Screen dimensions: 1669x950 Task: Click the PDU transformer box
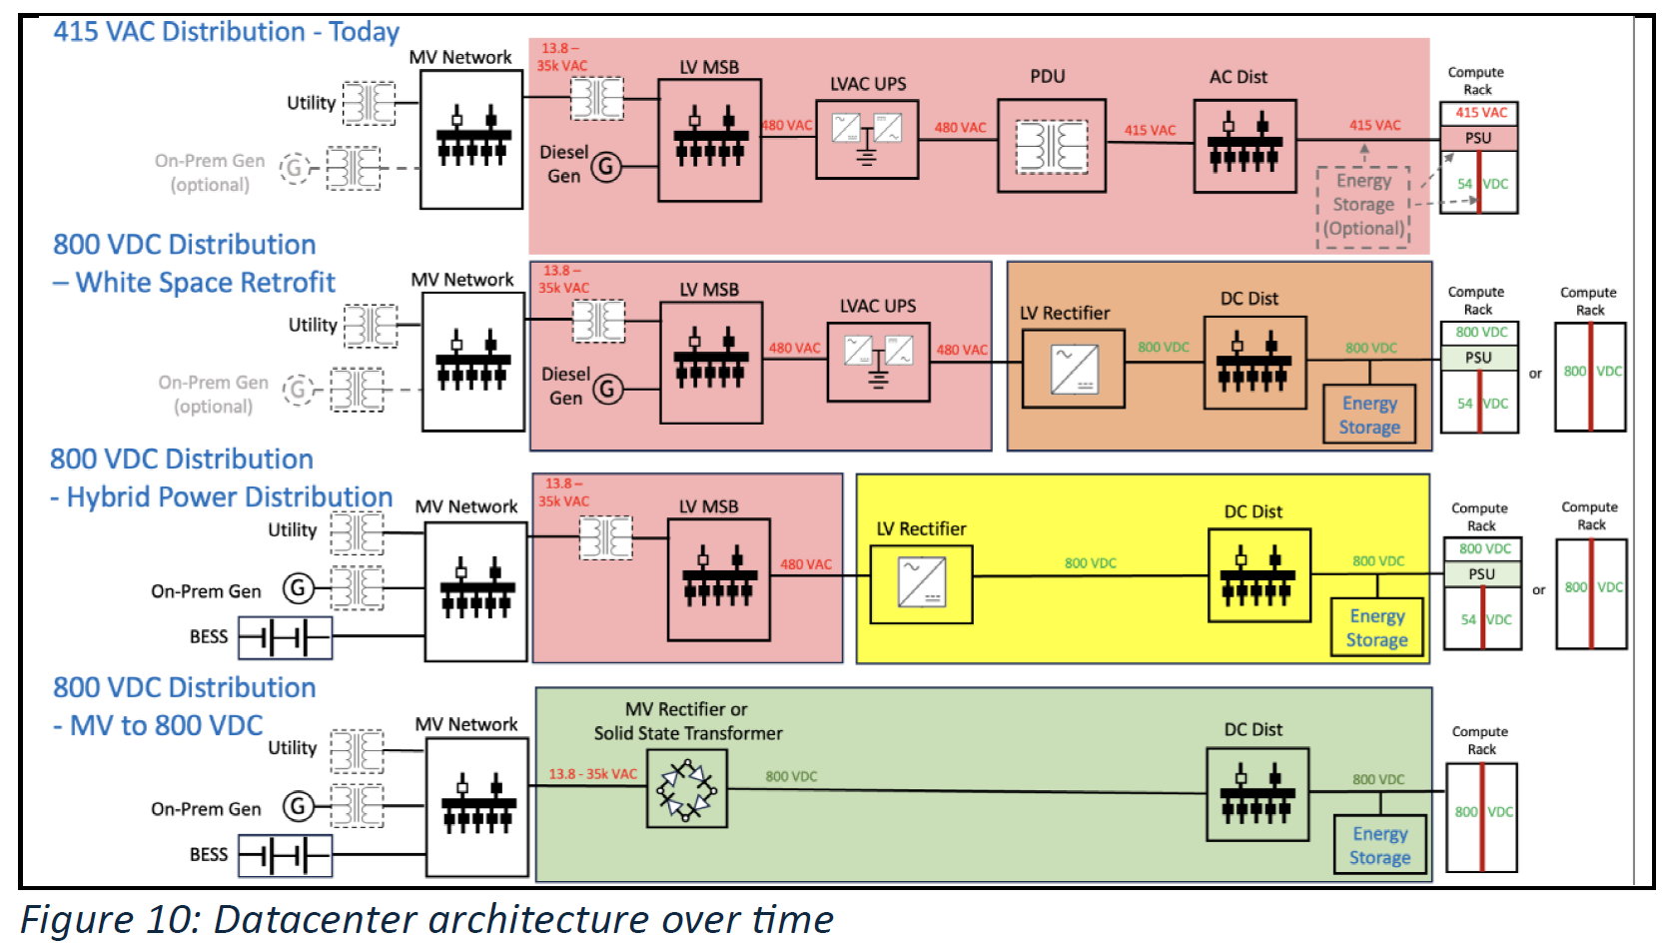1052,146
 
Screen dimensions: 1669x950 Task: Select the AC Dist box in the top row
1246,146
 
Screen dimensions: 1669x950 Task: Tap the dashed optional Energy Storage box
1362,207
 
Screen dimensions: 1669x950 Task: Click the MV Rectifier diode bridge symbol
687,789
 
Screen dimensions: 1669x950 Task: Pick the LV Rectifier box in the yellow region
922,584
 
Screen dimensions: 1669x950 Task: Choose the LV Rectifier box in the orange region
1073,369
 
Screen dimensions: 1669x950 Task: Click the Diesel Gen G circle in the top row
606,166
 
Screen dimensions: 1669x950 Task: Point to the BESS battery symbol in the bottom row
286,855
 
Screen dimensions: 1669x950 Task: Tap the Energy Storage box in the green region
1380,845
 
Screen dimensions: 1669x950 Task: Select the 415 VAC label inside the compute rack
1480,113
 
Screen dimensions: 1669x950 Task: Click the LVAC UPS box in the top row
867,139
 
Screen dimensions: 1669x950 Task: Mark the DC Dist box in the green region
1257,794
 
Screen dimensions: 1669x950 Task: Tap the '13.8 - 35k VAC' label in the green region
593,774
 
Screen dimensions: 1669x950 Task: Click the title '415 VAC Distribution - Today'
226,32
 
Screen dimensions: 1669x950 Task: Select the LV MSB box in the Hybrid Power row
719,579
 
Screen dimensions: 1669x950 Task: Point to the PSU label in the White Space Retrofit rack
1478,358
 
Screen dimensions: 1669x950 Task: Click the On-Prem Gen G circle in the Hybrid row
298,588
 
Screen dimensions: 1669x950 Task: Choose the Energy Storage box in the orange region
1369,415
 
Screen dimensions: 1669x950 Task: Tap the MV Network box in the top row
471,139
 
